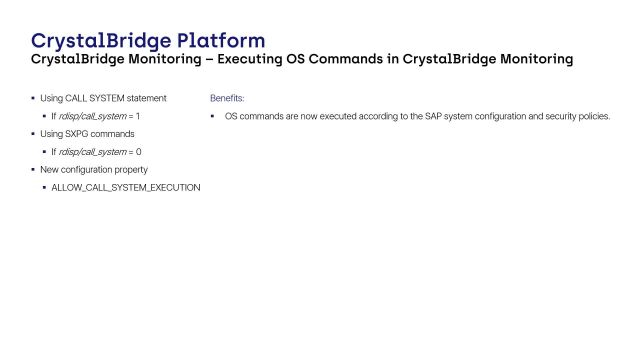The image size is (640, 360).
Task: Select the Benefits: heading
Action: (x=227, y=99)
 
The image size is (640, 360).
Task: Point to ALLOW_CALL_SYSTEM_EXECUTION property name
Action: (x=126, y=187)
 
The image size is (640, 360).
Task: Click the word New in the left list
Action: (x=47, y=170)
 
